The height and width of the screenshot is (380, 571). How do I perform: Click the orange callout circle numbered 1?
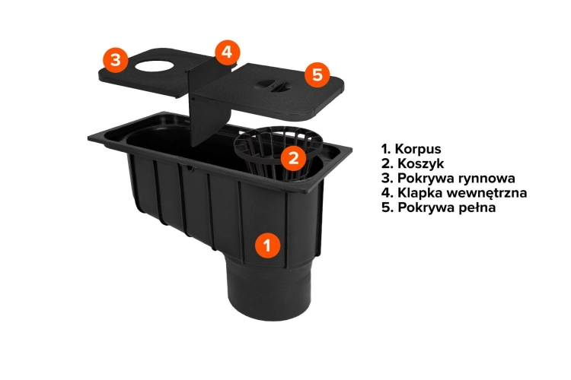[x=268, y=245]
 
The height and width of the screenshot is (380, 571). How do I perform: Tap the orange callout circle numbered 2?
[x=294, y=158]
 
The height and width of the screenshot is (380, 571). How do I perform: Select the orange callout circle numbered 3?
[x=116, y=59]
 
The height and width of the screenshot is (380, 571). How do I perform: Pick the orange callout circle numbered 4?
[x=227, y=52]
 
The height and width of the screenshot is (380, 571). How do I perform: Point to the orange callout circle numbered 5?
[x=317, y=74]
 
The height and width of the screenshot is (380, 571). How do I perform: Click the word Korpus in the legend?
[x=418, y=149]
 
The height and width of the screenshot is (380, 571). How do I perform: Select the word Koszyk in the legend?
[x=420, y=163]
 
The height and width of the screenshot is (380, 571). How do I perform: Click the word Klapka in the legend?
[x=420, y=193]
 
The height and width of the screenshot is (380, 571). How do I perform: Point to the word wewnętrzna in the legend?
[x=487, y=193]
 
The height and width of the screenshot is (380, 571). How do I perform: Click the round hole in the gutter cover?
[x=152, y=66]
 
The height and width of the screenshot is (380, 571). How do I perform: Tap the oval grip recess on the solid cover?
[x=272, y=84]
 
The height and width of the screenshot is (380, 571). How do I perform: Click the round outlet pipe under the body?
[x=270, y=290]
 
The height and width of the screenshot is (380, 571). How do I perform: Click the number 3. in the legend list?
[x=388, y=178]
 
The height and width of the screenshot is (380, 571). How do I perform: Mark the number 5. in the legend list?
[x=388, y=207]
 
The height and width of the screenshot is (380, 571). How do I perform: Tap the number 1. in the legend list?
[x=386, y=149]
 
